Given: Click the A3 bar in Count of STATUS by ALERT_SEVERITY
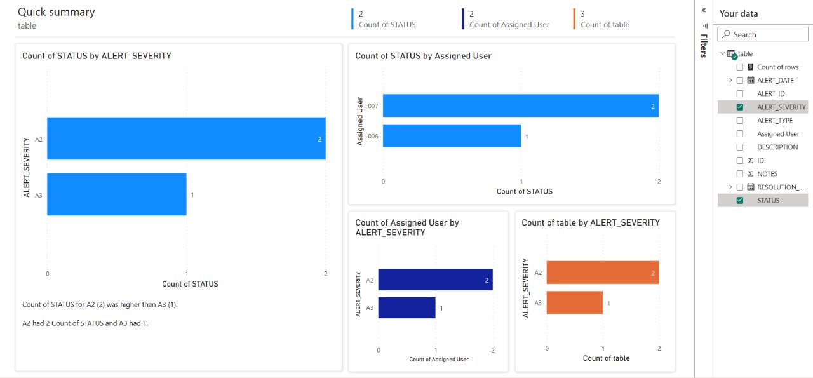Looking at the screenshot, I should [116, 194].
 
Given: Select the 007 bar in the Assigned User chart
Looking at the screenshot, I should [520, 105].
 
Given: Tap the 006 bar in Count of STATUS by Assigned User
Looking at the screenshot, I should [452, 136].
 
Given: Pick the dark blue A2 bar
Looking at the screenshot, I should [435, 280].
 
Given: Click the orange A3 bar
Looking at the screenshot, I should [574, 302].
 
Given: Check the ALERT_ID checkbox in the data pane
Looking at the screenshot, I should [739, 94].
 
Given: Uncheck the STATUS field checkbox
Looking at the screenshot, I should [739, 201].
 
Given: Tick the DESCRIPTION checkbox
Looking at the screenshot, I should [739, 147].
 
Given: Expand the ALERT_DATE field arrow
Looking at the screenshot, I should [730, 81].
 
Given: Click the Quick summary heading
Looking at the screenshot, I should [56, 12].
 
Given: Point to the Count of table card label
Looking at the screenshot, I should [605, 25].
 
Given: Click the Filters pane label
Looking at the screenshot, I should [703, 46].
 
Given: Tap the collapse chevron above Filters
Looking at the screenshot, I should [704, 11].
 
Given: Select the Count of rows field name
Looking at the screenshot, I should [777, 67].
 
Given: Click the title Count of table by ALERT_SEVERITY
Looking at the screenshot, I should [591, 222].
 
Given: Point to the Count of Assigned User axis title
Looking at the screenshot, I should [439, 360].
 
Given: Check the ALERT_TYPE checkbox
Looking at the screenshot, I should [739, 121].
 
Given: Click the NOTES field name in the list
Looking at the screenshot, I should [767, 174].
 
